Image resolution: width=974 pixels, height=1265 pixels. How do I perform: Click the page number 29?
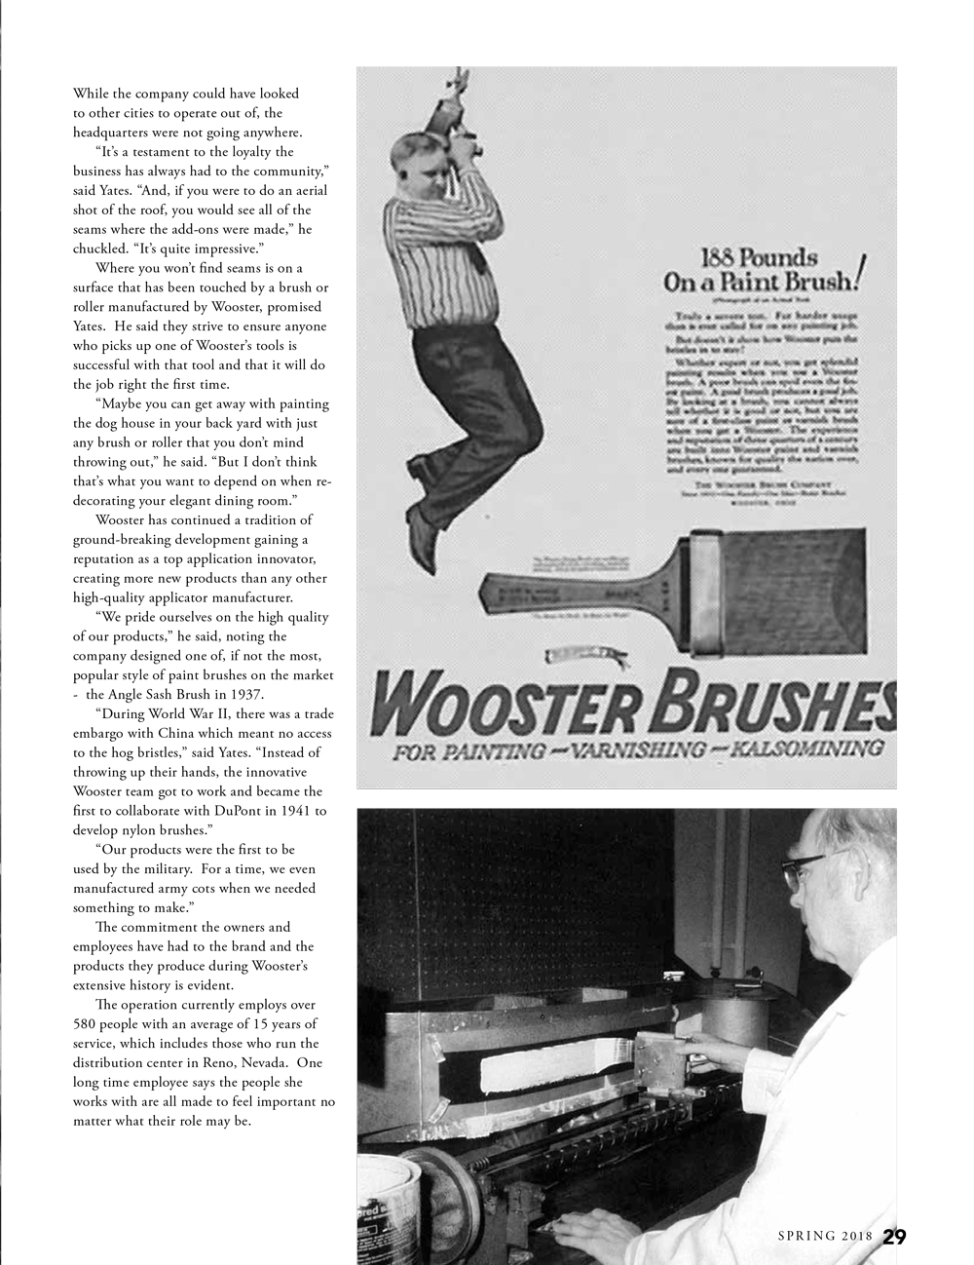[894, 1237]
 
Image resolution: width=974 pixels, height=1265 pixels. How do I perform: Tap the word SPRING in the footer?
[806, 1237]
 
